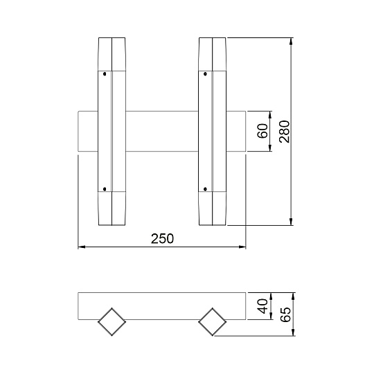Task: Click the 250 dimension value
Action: click(161, 238)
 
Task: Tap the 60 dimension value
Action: click(262, 132)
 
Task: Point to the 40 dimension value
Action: click(262, 306)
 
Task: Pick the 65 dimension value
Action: click(285, 315)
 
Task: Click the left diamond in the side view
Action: click(112, 322)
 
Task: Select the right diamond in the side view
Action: click(213, 322)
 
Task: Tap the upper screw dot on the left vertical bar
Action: click(104, 73)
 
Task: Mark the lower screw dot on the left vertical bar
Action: click(104, 188)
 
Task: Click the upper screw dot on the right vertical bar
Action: click(205, 73)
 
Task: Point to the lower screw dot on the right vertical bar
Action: click(205, 188)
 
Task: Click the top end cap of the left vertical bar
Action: click(111, 54)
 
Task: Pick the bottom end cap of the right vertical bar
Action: click(213, 208)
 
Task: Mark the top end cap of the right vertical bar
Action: click(213, 54)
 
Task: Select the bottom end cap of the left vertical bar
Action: click(111, 208)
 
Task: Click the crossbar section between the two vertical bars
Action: click(161, 132)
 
